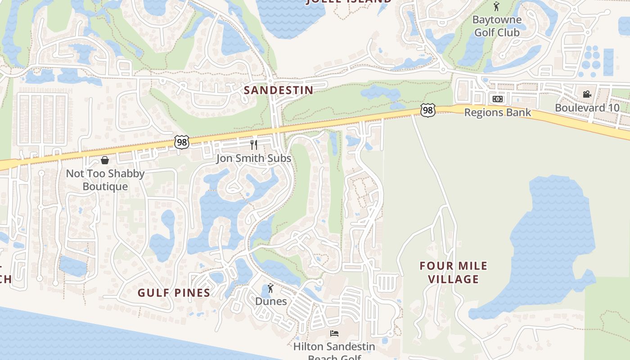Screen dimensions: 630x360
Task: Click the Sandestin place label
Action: click(278, 90)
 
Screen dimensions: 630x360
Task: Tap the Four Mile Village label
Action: click(453, 272)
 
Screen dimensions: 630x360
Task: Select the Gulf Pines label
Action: click(174, 293)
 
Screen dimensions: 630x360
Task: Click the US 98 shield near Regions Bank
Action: click(428, 110)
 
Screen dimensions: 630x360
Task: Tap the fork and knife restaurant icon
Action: click(254, 145)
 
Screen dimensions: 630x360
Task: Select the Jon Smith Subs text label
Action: click(254, 158)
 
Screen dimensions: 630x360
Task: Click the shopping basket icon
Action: click(105, 160)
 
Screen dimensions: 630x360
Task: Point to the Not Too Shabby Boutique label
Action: click(105, 180)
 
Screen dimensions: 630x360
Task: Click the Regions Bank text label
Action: click(498, 112)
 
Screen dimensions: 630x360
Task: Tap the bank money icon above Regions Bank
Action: click(497, 99)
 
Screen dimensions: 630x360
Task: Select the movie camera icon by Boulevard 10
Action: click(587, 94)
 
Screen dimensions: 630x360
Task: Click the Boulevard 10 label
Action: click(587, 108)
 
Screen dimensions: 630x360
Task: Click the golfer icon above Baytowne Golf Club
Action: click(496, 6)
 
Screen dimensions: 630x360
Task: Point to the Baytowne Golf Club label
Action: click(497, 26)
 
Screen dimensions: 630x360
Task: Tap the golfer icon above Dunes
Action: click(270, 288)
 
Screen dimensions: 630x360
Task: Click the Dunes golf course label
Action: click(271, 301)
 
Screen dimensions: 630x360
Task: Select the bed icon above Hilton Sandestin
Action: click(334, 333)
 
